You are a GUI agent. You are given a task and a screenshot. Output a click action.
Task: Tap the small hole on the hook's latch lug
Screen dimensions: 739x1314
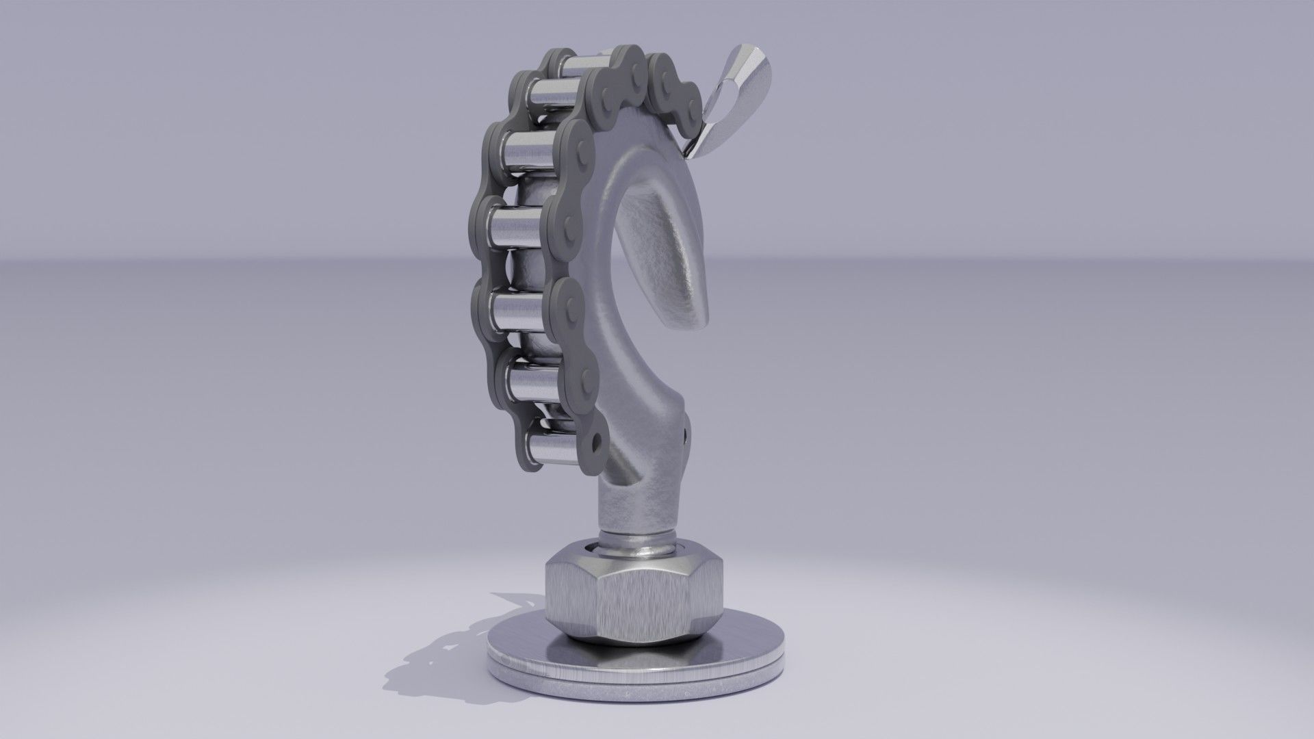(x=686, y=432)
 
